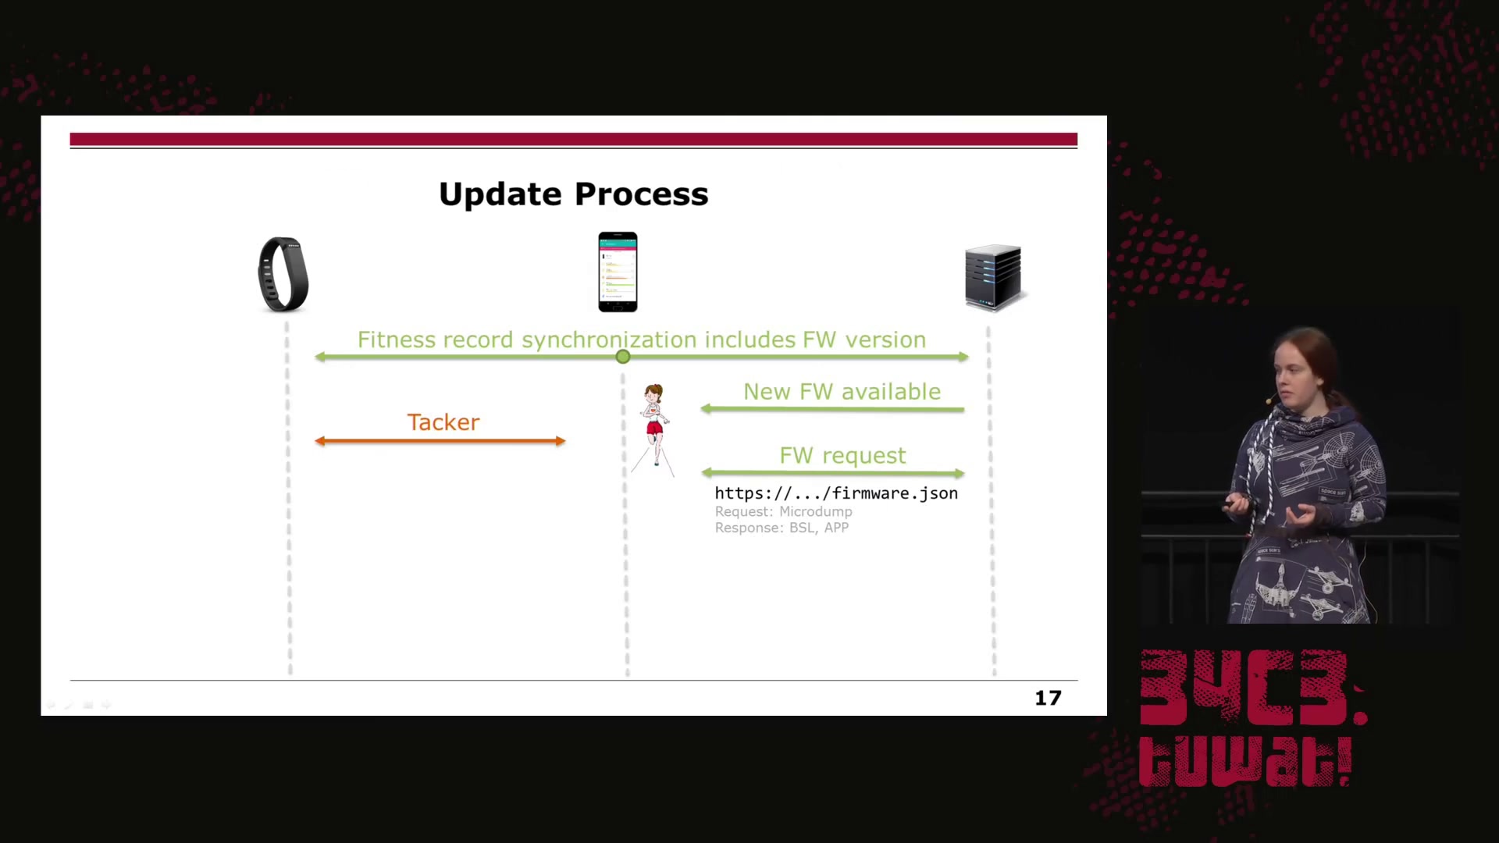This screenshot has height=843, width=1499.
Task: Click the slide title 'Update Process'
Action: tap(574, 194)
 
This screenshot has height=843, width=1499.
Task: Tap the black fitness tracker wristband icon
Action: tap(283, 274)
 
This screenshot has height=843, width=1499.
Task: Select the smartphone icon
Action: tap(618, 272)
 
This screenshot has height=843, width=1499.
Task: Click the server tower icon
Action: tap(993, 277)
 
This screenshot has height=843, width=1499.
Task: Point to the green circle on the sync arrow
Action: tap(622, 357)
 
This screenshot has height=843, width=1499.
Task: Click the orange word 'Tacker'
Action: tap(443, 422)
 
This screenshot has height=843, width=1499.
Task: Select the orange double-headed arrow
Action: tap(440, 441)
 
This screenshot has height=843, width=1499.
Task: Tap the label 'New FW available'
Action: tap(842, 392)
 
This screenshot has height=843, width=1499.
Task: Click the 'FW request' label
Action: tap(842, 456)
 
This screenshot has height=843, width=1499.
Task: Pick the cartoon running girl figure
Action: tap(653, 429)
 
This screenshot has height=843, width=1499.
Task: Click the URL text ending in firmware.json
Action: tap(836, 493)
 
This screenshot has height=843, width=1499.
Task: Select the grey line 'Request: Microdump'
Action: tap(783, 511)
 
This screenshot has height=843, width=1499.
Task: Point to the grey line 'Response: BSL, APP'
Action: tap(782, 528)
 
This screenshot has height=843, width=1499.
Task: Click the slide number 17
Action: tap(1048, 698)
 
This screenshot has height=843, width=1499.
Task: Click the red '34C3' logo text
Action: tap(1253, 688)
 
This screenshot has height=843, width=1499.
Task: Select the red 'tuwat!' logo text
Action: tap(1245, 760)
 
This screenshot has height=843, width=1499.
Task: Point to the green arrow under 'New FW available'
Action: tap(832, 409)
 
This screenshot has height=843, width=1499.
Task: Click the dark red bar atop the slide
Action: tap(574, 140)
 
